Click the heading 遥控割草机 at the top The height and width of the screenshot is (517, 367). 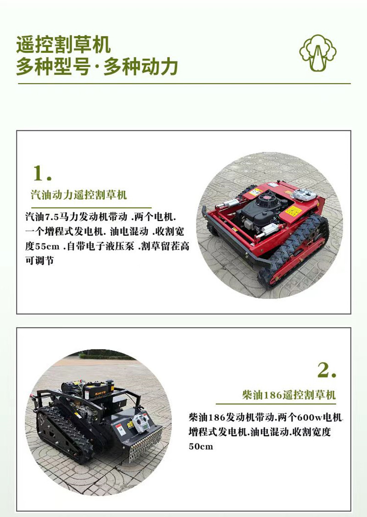coord(63,46)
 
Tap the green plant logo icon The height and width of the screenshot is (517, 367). coord(317,53)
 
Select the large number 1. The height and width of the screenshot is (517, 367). coord(42,173)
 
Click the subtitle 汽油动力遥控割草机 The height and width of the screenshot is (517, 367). coord(78,195)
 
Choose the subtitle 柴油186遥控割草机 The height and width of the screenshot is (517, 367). coord(289,395)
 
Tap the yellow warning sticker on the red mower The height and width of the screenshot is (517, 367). coord(293,211)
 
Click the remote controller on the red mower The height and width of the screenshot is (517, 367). coord(305,195)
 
